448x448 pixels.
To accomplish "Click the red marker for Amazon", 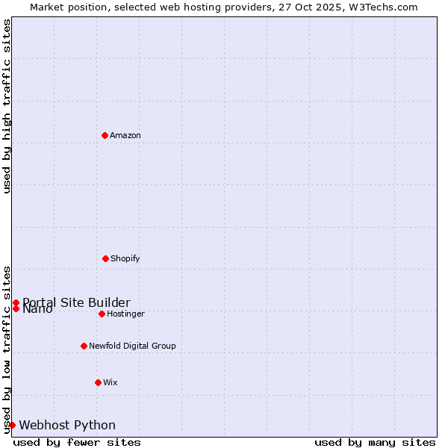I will tap(105, 135).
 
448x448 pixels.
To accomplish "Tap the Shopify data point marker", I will tap(105, 258).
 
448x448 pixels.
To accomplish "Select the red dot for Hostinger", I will tap(102, 314).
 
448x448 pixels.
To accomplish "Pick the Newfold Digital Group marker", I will tap(84, 346).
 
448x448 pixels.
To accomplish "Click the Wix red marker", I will tap(98, 382).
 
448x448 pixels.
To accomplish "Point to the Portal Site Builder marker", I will tap(16, 302).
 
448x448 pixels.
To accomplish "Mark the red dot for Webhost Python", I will tap(12, 425).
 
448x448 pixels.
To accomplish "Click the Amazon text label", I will tap(125, 135).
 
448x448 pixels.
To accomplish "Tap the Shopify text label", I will tap(125, 258).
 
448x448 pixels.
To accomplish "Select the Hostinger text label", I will tap(125, 314).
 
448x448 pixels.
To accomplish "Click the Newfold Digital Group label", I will tap(132, 346).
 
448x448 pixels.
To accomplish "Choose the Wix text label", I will tap(111, 382).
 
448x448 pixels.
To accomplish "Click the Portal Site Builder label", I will tap(76, 302).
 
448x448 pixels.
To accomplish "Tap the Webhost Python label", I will tap(67, 425).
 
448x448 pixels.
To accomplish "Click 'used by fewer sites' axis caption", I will tap(77, 442).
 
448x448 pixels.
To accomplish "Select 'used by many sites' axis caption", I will tap(375, 442).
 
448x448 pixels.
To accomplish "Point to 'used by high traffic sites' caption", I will tap(7, 106).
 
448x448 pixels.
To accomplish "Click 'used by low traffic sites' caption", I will tap(7, 349).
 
